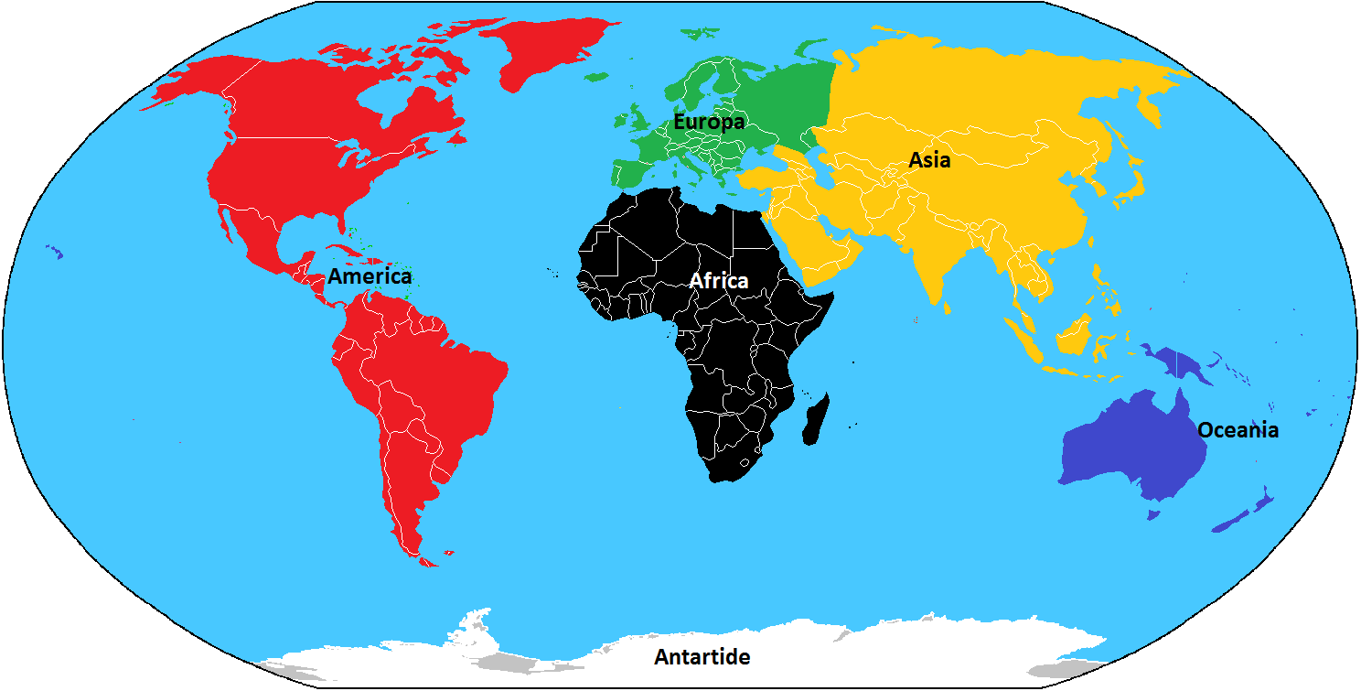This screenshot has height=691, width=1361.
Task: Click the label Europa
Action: [x=709, y=122]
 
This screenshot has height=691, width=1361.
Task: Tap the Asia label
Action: [x=929, y=161]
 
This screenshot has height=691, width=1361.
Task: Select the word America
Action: [x=370, y=276]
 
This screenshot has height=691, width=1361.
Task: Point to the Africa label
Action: [x=719, y=281]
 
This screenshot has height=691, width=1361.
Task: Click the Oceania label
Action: [x=1238, y=430]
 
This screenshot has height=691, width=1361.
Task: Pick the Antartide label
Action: [x=702, y=657]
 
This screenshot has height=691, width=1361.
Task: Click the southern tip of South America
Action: [x=423, y=556]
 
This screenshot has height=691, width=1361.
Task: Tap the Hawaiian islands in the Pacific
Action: [x=54, y=252]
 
